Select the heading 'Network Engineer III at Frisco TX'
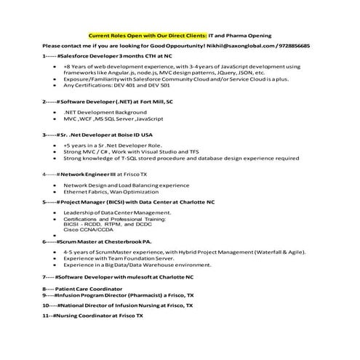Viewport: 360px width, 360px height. pyautogui.click(x=95, y=175)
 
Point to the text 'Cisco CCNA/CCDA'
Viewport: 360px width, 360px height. pyautogui.click(x=88, y=229)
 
